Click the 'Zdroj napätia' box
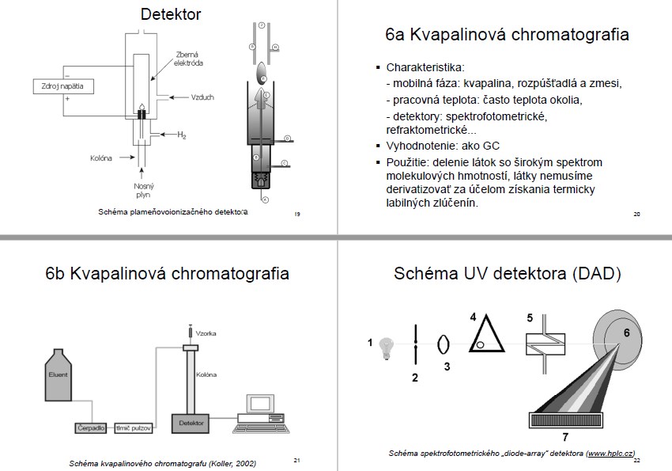pos(61,85)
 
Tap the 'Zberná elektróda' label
pos(190,59)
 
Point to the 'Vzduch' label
pos(203,97)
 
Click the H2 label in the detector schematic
pos(181,135)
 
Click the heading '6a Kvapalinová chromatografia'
pos(507,35)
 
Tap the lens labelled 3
pos(444,344)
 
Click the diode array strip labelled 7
pos(564,420)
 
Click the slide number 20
pos(637,214)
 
